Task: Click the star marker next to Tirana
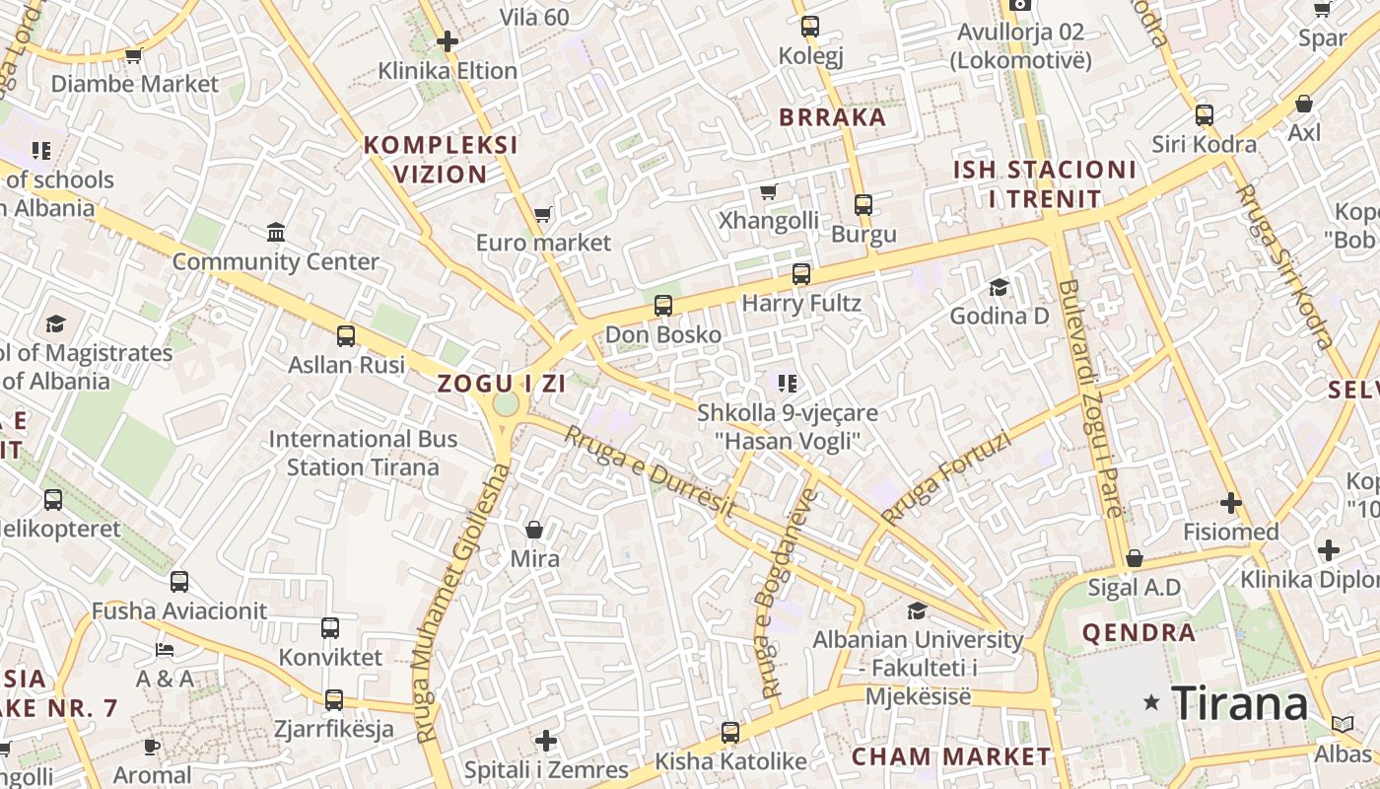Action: click(x=1150, y=702)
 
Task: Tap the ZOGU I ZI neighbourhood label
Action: click(x=502, y=384)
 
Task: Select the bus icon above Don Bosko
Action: click(x=663, y=306)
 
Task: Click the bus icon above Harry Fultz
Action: click(x=801, y=274)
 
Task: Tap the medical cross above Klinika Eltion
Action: click(x=448, y=41)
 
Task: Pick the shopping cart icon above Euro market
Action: click(x=542, y=214)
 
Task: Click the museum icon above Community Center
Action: click(x=276, y=233)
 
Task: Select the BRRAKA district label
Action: click(x=833, y=117)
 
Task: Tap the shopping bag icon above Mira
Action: click(x=534, y=531)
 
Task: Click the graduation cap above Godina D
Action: click(x=999, y=287)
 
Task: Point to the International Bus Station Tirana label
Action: click(x=363, y=453)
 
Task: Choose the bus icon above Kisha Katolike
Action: click(x=729, y=733)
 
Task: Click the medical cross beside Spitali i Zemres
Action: click(x=546, y=741)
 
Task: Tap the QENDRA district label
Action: click(x=1138, y=632)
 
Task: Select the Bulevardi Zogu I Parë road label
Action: click(x=1090, y=398)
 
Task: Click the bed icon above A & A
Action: click(x=165, y=650)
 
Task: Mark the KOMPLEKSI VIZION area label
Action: click(x=441, y=160)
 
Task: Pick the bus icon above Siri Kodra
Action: click(x=1204, y=115)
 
